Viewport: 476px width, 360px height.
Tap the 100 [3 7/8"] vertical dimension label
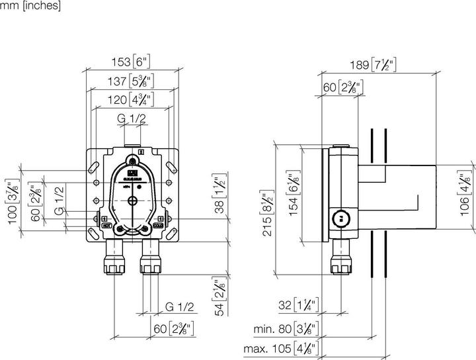tap(11, 201)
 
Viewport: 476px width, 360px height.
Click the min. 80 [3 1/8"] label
tap(287, 329)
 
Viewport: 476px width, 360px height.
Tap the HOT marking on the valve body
tap(106, 226)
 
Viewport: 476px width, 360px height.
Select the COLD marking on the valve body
tap(159, 226)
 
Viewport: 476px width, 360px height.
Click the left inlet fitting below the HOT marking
tap(112, 259)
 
